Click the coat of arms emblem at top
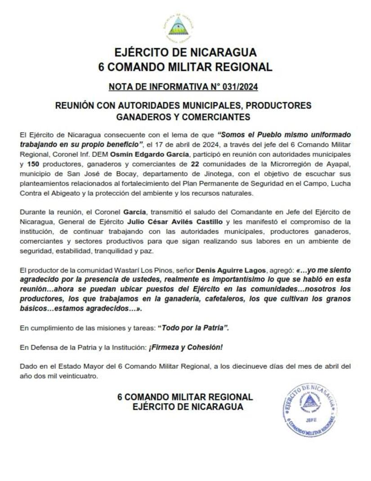point(179,28)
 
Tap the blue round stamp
point(310,410)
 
